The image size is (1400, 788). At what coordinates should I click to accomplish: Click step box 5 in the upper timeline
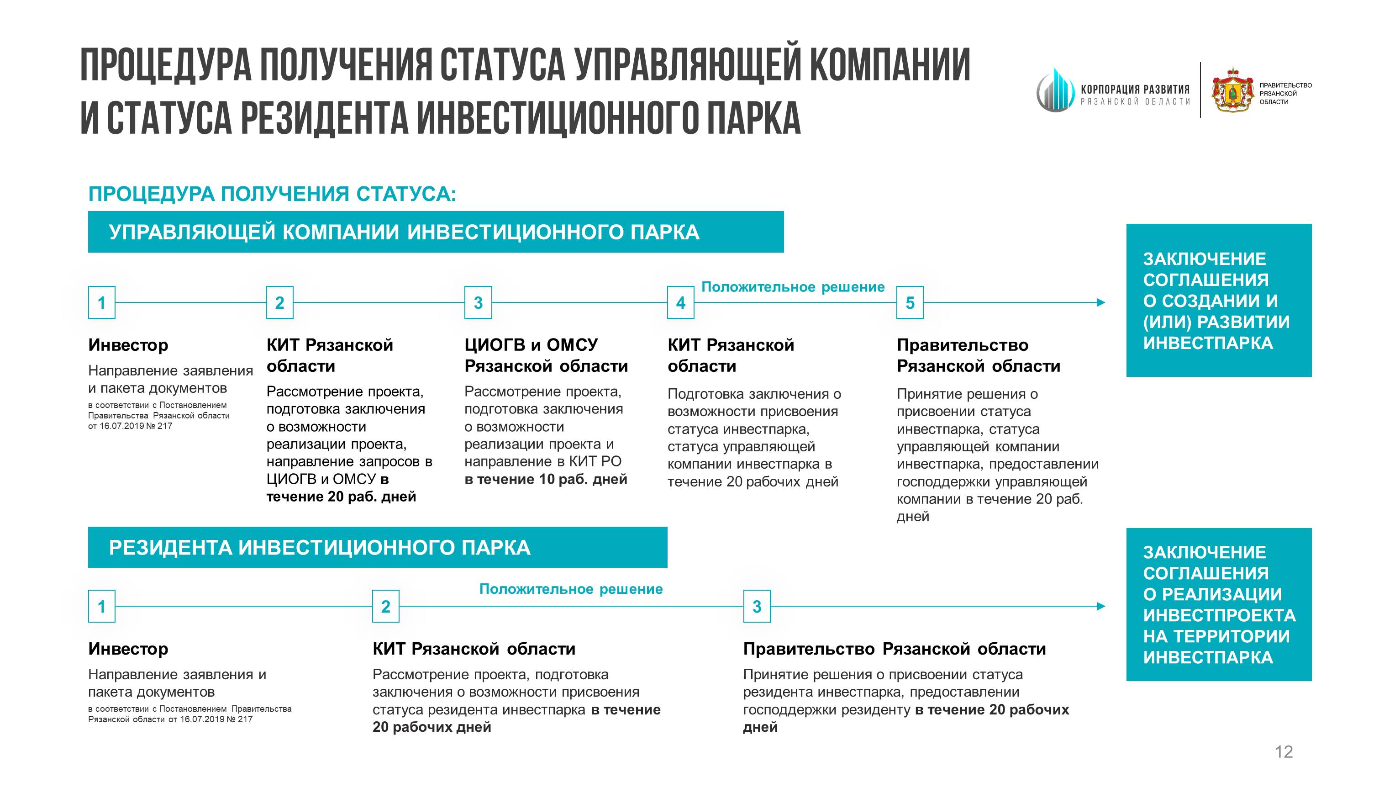[x=909, y=302]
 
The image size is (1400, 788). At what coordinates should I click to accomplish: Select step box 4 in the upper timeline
[x=680, y=302]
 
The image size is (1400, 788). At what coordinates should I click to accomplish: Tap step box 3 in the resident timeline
[x=757, y=606]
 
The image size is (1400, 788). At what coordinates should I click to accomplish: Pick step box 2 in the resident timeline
[x=385, y=606]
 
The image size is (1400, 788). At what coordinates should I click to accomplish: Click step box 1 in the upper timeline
[x=102, y=302]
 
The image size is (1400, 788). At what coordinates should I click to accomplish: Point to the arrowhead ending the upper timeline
[x=1100, y=302]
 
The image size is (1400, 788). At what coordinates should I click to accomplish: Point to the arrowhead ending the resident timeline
[x=1100, y=606]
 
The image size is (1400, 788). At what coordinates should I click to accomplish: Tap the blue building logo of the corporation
[x=1055, y=90]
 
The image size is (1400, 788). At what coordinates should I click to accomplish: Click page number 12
[x=1284, y=751]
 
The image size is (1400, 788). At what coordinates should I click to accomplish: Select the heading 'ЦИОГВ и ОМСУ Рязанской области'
[x=546, y=355]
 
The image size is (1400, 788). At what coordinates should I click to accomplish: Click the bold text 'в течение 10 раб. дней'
[x=546, y=479]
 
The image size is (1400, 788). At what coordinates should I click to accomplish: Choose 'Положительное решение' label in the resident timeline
[x=571, y=589]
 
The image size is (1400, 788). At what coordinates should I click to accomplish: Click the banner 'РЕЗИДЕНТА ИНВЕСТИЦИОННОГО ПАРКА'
[x=377, y=547]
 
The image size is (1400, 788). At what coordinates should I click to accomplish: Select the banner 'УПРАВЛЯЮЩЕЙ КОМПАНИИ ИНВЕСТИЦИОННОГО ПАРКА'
[x=435, y=232]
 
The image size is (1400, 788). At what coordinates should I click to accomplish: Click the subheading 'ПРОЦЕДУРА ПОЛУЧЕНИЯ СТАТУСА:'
[x=272, y=194]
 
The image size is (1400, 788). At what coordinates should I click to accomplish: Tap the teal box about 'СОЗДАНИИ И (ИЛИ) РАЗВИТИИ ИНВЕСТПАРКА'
[x=1218, y=300]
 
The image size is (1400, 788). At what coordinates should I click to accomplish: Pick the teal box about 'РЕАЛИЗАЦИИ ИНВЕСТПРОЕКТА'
[x=1218, y=604]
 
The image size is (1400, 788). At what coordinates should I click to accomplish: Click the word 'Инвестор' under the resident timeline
[x=128, y=648]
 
